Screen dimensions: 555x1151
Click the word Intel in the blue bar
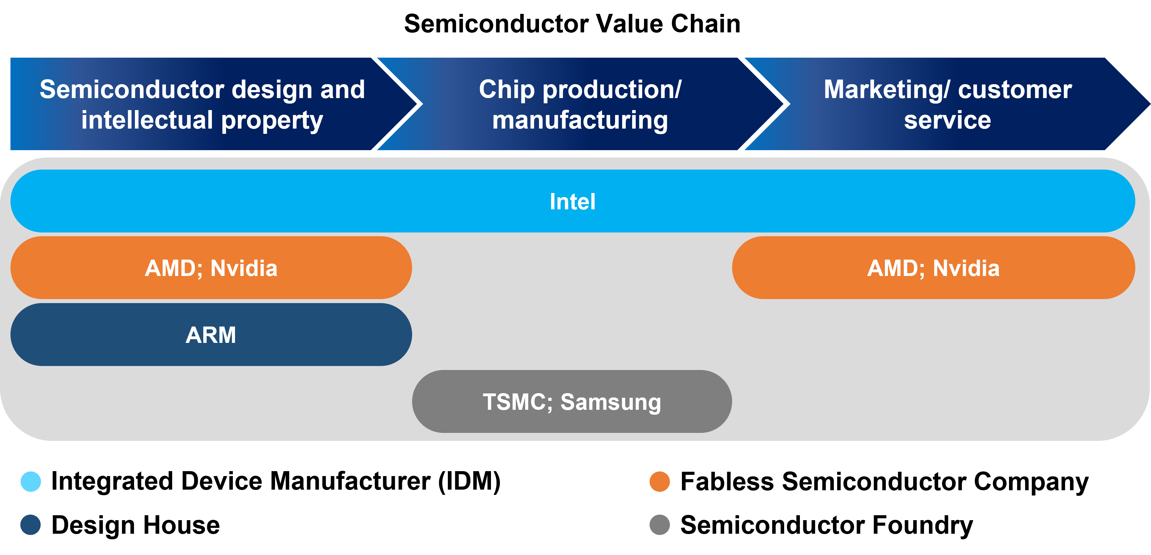click(x=572, y=202)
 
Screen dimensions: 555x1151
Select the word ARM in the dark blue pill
click(x=210, y=335)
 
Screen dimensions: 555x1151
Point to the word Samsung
click(x=610, y=401)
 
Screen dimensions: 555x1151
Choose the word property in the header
click(x=272, y=121)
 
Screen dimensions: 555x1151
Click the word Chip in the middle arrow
click(x=507, y=90)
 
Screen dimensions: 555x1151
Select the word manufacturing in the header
click(x=580, y=121)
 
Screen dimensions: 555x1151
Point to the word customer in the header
click(x=1015, y=90)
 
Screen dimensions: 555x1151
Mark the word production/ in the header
click(x=612, y=90)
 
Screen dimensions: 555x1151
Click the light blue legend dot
click(x=31, y=482)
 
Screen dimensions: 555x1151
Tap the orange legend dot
click(x=659, y=482)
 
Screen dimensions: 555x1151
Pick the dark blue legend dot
click(x=30, y=524)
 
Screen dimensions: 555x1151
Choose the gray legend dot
click(x=659, y=524)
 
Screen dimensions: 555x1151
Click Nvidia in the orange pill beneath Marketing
click(x=966, y=268)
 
